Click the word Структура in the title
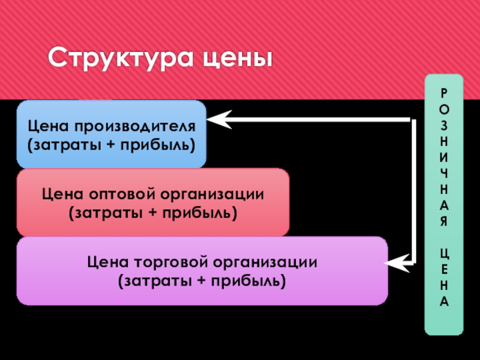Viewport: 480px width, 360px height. tap(114, 59)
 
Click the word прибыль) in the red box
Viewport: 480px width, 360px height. tap(200, 213)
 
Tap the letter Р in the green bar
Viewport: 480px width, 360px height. tap(444, 92)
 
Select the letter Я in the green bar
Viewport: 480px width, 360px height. tap(444, 221)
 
